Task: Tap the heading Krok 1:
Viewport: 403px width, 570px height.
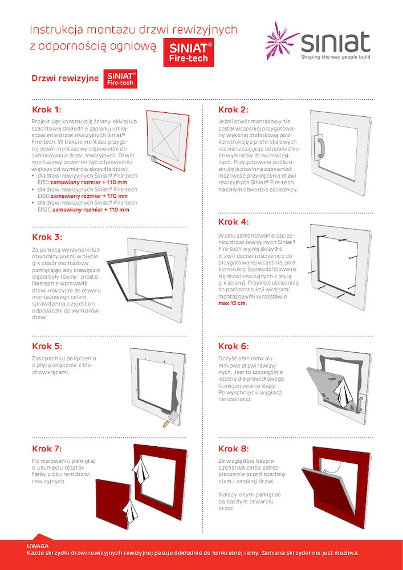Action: pyautogui.click(x=47, y=109)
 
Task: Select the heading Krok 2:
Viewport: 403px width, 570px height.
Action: pyautogui.click(x=233, y=109)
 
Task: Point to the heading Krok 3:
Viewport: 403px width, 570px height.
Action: pyautogui.click(x=47, y=237)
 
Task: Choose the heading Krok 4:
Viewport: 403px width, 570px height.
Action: pyautogui.click(x=233, y=222)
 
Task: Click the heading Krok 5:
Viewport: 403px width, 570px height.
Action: pyautogui.click(x=47, y=346)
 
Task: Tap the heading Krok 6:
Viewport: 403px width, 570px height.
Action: pyautogui.click(x=233, y=346)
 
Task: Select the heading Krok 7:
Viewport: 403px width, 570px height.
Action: pyautogui.click(x=47, y=449)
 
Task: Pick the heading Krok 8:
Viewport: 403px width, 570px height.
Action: pyautogui.click(x=233, y=449)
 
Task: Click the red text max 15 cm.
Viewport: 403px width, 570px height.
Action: pyautogui.click(x=233, y=303)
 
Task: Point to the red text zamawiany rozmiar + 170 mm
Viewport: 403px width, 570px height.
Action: pyautogui.click(x=89, y=196)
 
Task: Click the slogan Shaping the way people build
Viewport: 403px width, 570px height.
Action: pyautogui.click(x=335, y=58)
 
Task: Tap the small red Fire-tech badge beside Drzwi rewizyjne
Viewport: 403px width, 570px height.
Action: pyautogui.click(x=120, y=79)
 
